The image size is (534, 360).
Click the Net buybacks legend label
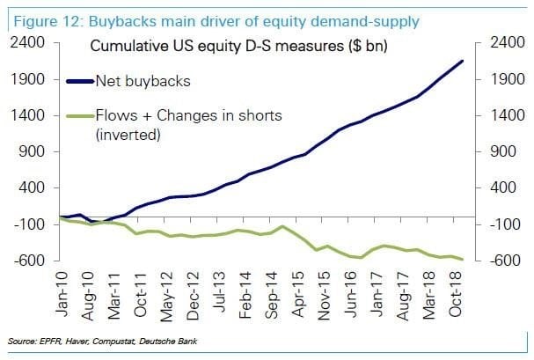[149, 82]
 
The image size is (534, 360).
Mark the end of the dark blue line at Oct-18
[464, 61]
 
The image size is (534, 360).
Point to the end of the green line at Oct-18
[464, 259]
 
